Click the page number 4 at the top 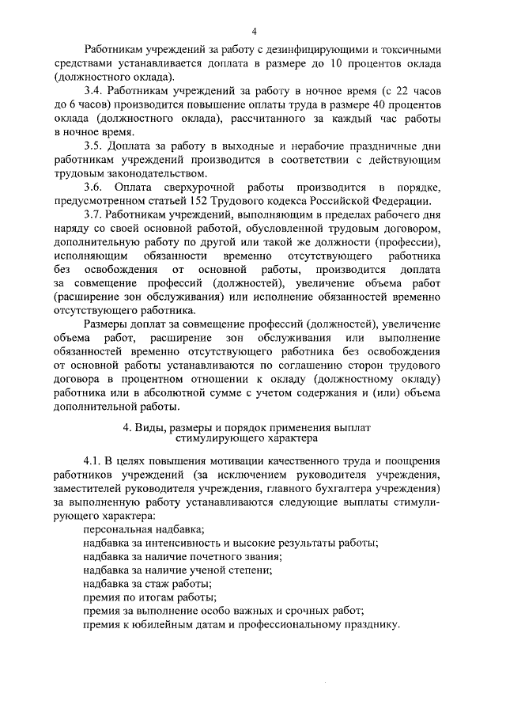[254, 31]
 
